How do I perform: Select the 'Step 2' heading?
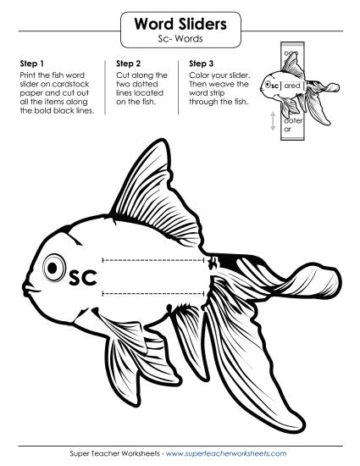coord(128,64)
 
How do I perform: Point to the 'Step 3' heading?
coord(202,64)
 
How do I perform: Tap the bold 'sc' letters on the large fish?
coord(85,277)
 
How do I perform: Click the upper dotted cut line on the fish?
coord(152,258)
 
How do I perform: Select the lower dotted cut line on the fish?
coord(152,293)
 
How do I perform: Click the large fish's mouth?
coord(28,288)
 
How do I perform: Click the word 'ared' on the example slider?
coord(293,86)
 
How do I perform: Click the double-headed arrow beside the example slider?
coord(273,122)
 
